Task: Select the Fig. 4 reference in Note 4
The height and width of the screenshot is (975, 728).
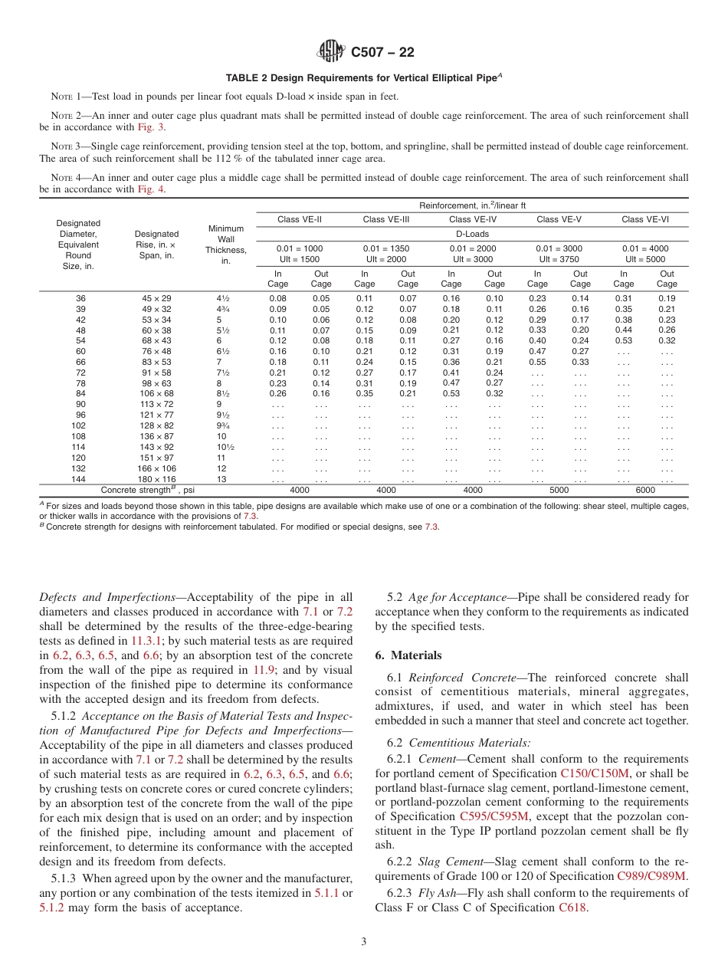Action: [x=150, y=189]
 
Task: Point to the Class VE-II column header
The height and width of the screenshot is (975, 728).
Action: [x=300, y=219]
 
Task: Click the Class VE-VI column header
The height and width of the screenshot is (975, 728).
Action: [x=645, y=219]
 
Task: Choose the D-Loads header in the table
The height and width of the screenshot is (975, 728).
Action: [x=472, y=234]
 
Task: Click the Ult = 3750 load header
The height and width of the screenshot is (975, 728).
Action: [x=559, y=259]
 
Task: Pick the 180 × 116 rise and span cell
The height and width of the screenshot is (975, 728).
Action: [x=156, y=479]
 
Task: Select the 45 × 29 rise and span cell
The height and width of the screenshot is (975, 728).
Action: [x=156, y=297]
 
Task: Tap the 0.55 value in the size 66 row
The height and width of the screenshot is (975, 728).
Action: [x=537, y=362]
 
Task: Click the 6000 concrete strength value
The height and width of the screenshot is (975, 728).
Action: [x=645, y=490]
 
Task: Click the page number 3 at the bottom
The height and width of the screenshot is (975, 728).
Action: [x=364, y=942]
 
